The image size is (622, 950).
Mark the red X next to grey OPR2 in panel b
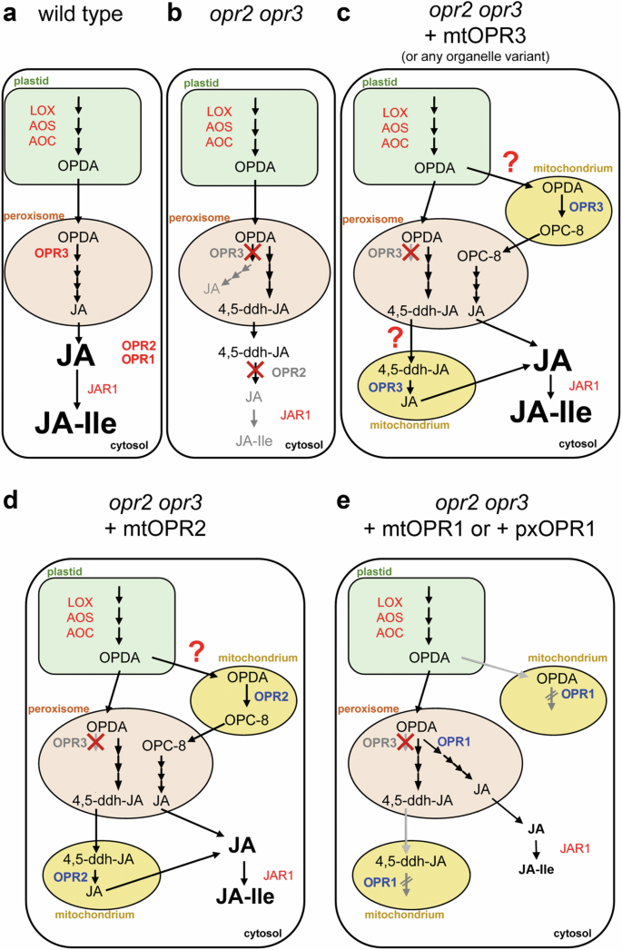tap(239, 372)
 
